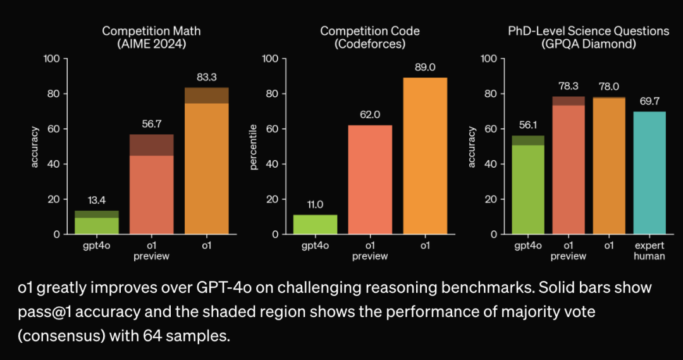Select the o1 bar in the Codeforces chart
click(x=424, y=156)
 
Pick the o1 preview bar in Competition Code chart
click(x=369, y=180)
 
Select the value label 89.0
click(x=424, y=68)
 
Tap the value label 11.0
click(x=315, y=205)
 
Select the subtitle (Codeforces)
click(x=370, y=44)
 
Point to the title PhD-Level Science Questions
click(x=588, y=31)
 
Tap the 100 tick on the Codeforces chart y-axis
click(x=271, y=59)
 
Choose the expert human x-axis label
click(x=649, y=251)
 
